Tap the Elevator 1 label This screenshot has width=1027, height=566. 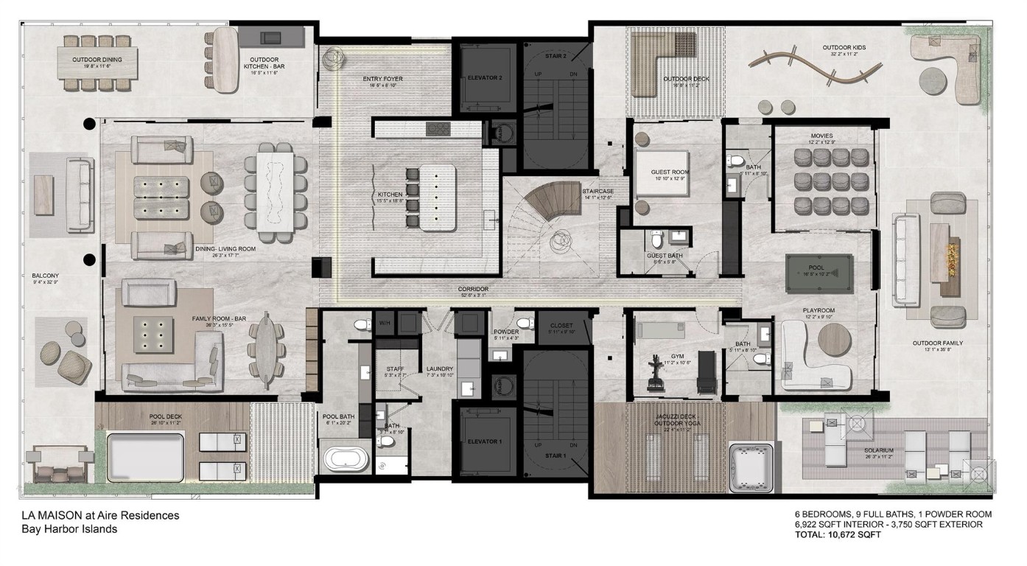[x=485, y=441]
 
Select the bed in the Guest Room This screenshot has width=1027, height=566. [x=662, y=174]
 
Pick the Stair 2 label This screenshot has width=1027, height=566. [x=556, y=56]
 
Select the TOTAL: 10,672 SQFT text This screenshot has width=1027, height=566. [x=838, y=535]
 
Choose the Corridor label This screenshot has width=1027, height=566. [x=474, y=290]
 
